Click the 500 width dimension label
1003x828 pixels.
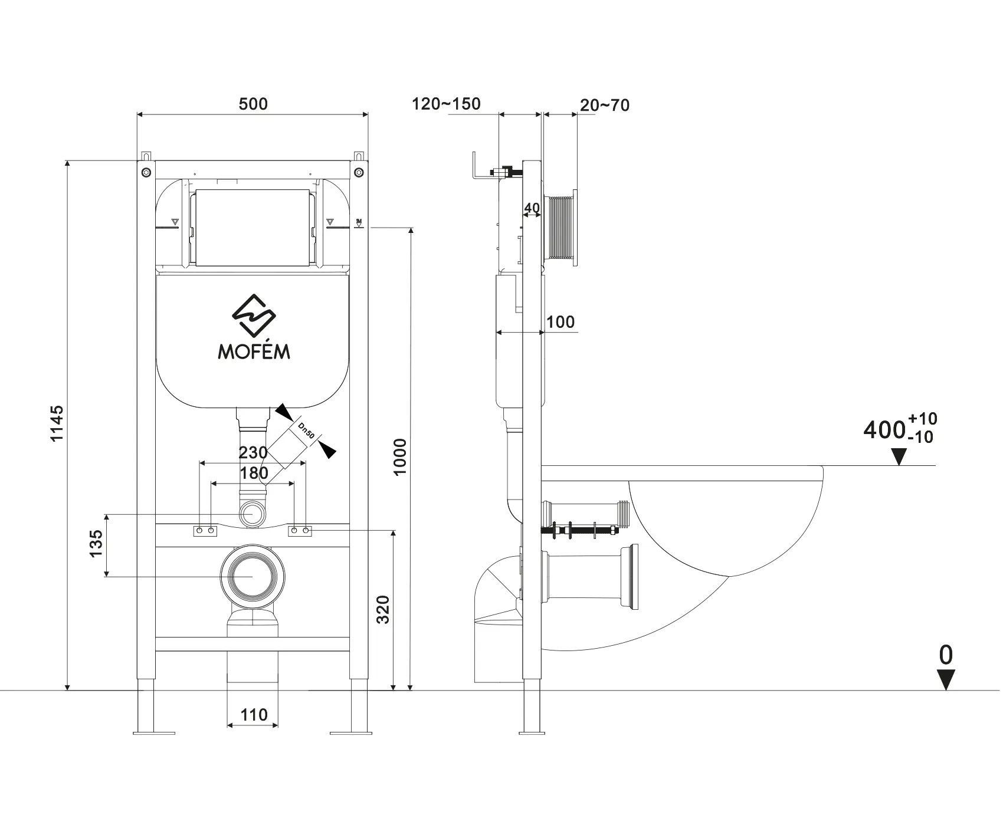[x=253, y=104]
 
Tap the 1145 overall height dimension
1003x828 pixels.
[x=56, y=423]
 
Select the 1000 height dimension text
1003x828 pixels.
[x=400, y=456]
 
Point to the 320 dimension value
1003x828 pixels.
[x=383, y=610]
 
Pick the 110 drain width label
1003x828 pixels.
[x=254, y=715]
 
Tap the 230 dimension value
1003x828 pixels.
[x=253, y=453]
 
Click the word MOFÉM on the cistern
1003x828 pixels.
[x=254, y=351]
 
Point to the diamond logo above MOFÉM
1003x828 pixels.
[x=254, y=315]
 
